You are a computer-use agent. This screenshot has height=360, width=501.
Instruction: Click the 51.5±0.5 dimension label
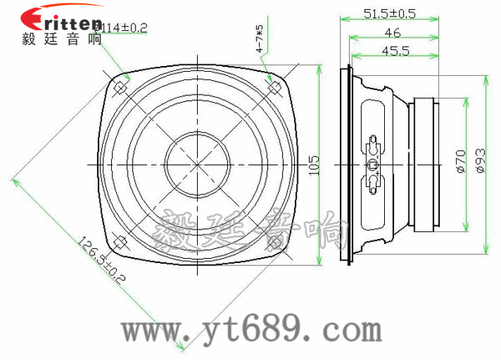[390, 13]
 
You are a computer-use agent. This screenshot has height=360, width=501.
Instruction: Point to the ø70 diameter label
[460, 162]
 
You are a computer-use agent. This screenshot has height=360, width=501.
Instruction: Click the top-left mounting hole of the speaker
[121, 85]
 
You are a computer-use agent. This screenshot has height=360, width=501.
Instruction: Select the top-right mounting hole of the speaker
[273, 85]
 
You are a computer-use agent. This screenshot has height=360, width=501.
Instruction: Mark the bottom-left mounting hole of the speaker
[121, 243]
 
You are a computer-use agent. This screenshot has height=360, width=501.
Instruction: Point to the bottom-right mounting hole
[273, 243]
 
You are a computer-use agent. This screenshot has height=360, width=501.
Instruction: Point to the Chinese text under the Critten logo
[63, 38]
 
